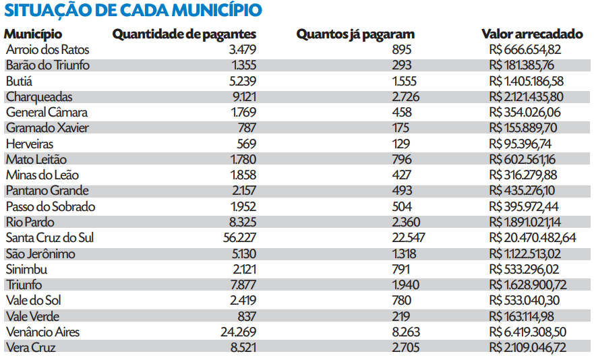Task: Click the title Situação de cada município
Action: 133,11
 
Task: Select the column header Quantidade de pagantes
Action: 184,34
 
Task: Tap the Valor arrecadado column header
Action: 532,34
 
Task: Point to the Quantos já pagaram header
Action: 355,34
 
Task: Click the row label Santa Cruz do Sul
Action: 50,238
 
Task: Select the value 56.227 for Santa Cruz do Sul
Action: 239,238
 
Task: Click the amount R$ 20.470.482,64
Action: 533,238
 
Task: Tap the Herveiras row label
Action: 30,144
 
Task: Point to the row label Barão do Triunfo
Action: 48,65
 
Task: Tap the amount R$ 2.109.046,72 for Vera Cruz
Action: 528,348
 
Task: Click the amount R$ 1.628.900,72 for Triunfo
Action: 528,285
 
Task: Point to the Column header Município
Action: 33,34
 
